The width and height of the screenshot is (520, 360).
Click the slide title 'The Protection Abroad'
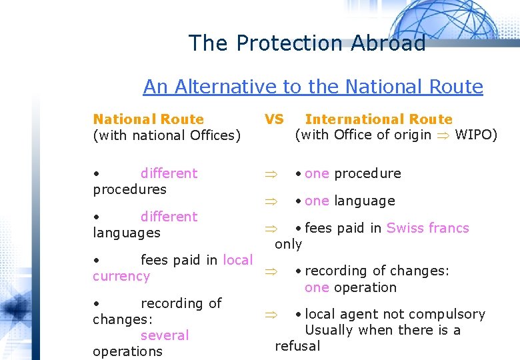click(307, 43)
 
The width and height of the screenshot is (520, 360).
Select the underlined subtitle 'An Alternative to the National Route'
click(313, 87)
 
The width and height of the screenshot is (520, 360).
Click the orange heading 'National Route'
click(148, 119)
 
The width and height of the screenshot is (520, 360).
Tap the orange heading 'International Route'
click(379, 119)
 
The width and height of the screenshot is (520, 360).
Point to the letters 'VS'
click(274, 119)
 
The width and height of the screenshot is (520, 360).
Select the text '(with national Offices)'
click(167, 135)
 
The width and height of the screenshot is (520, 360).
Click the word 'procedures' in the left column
click(129, 189)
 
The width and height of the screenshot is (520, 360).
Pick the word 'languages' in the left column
click(127, 233)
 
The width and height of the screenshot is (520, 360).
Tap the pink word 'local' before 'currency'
click(237, 260)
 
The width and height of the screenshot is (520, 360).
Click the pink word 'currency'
click(121, 276)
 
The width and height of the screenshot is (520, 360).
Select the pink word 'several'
click(165, 335)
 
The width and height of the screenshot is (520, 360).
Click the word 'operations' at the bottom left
click(127, 351)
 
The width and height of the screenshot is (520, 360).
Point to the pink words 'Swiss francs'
click(428, 228)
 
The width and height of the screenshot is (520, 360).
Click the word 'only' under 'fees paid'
click(289, 244)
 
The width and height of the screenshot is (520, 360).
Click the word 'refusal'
click(297, 346)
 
